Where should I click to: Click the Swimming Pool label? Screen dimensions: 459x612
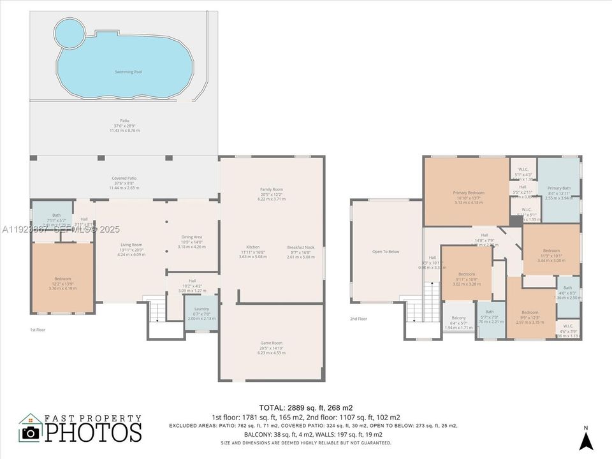(128, 72)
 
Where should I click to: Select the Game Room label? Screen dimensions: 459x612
(271, 343)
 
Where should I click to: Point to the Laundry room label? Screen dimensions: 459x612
(201, 309)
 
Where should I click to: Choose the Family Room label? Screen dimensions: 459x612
(271, 190)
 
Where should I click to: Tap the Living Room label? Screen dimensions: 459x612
(131, 245)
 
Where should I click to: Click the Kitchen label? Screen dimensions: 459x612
(253, 247)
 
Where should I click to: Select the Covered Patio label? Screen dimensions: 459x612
(124, 178)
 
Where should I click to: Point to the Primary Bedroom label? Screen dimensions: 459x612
(469, 193)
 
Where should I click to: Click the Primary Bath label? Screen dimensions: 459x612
(559, 189)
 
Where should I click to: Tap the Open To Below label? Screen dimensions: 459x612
(386, 252)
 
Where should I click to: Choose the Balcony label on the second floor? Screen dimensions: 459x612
(458, 318)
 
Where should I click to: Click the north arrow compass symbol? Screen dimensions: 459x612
(586, 440)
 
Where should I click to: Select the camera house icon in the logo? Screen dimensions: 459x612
(30, 428)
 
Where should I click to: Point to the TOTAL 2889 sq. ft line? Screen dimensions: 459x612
(305, 407)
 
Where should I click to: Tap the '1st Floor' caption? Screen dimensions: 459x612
(38, 330)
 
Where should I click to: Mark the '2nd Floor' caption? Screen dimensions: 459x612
(358, 319)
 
